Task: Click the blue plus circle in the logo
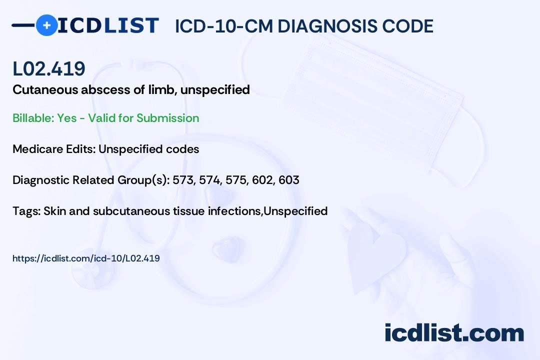coord(46,25)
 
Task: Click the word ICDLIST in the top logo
coord(108,25)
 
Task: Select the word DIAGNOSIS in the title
coord(322,26)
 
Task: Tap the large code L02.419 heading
coord(49,68)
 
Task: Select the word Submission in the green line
coord(167,118)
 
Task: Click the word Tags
coord(26,211)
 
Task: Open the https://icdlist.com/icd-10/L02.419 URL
coord(86,258)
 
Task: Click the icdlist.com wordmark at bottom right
coord(454,332)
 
